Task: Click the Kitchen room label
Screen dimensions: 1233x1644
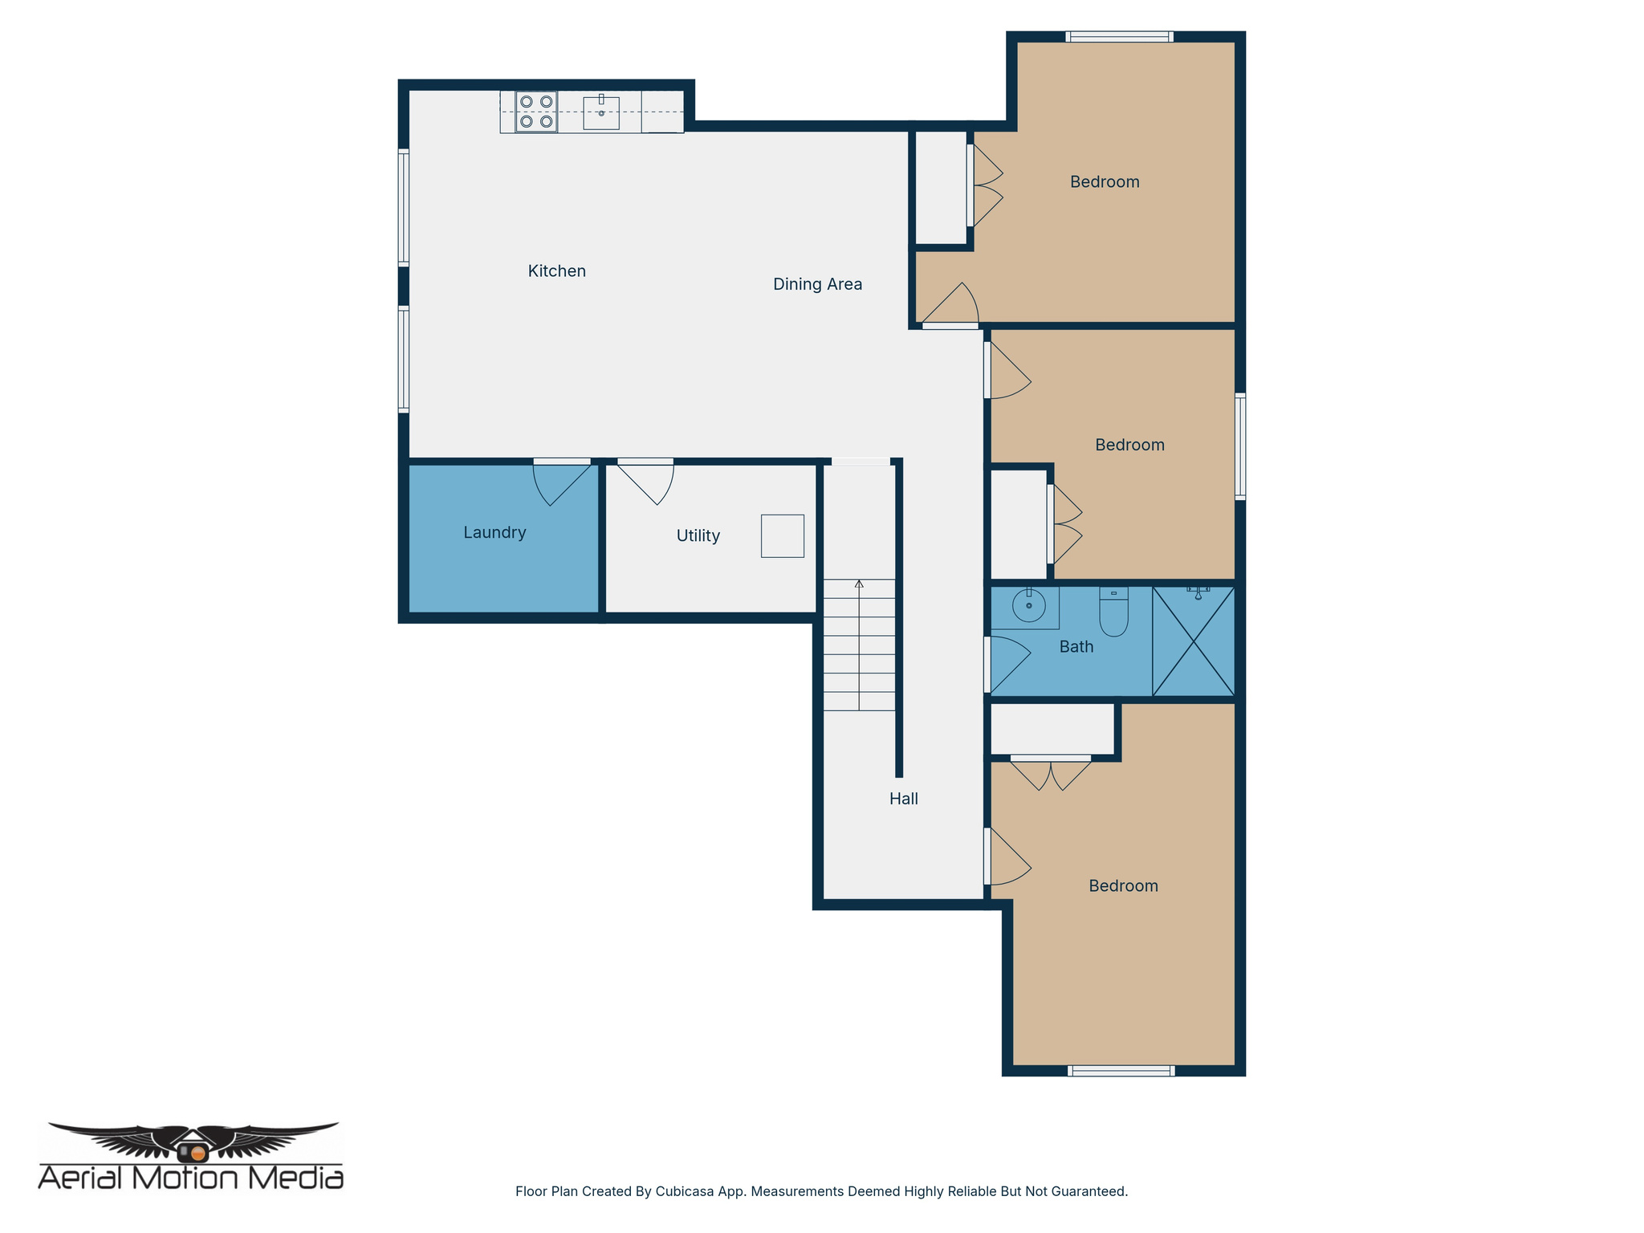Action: [556, 271]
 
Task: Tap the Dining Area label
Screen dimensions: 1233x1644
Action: [817, 284]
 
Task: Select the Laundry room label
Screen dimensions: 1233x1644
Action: [494, 532]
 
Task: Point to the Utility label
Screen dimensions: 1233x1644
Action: [698, 535]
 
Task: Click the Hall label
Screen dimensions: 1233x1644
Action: [903, 799]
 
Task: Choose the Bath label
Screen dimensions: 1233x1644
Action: [1076, 647]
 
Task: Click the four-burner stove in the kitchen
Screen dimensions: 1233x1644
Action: [536, 112]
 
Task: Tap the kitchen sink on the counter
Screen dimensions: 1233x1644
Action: [600, 113]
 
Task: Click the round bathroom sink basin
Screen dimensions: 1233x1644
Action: [1028, 605]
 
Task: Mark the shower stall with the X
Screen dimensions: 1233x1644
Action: [1194, 641]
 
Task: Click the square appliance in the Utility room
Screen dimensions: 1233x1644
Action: [782, 536]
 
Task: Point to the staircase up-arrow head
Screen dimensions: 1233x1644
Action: [859, 584]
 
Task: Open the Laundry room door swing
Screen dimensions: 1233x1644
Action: [558, 483]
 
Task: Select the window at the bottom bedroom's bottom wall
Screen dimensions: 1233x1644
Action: [1121, 1070]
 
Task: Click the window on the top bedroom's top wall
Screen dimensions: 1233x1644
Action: [1119, 37]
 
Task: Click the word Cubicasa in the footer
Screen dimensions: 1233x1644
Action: [684, 1191]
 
